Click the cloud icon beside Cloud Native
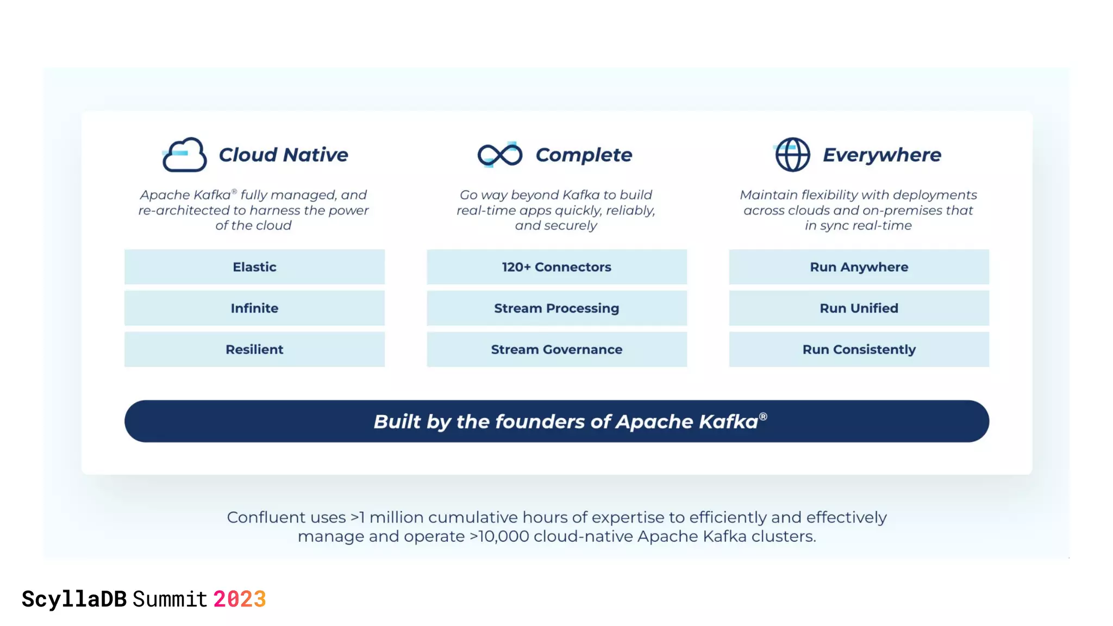point(184,155)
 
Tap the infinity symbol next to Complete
point(499,155)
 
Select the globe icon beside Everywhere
point(792,155)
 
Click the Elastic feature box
point(254,267)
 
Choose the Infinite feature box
point(254,308)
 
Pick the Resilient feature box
point(254,349)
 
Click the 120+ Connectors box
point(556,267)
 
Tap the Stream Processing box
point(556,308)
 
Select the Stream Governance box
point(556,349)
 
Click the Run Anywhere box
point(859,267)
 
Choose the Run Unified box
point(859,308)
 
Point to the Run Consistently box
point(859,349)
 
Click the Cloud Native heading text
point(283,155)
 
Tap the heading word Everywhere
point(881,155)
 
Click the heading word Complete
point(584,155)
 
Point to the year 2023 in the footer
point(239,599)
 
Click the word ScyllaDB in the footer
point(74,599)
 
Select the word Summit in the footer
point(170,599)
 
